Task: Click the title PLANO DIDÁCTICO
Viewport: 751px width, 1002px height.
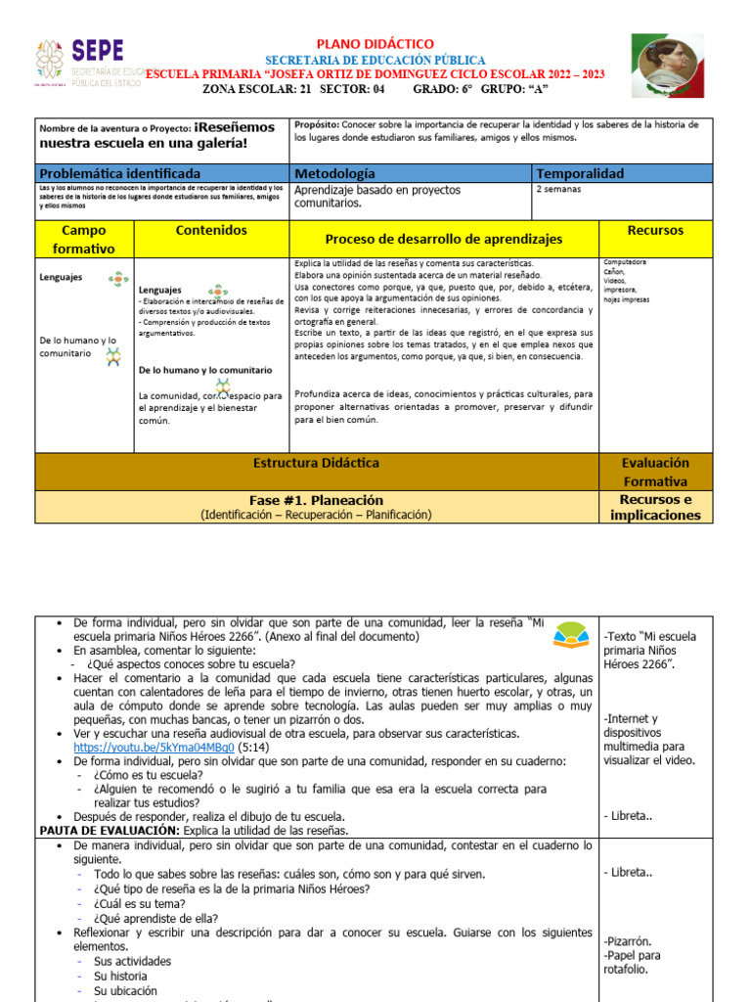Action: click(x=375, y=44)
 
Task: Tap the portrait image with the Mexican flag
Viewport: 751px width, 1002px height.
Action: click(x=666, y=66)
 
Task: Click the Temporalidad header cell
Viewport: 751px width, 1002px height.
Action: click(x=580, y=173)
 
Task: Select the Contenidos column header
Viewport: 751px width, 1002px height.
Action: click(x=211, y=231)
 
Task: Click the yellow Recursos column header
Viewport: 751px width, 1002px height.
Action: click(x=655, y=231)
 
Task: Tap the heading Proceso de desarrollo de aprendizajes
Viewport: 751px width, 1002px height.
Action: click(x=443, y=240)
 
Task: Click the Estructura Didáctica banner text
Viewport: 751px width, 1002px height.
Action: click(x=316, y=463)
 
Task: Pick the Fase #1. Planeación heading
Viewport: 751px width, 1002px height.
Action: click(x=315, y=499)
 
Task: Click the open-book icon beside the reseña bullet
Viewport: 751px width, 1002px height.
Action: click(x=571, y=637)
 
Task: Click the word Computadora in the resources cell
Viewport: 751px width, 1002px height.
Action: click(x=625, y=262)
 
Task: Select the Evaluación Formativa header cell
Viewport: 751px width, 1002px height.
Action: click(x=655, y=472)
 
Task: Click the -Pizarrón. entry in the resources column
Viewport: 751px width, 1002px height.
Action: click(x=629, y=940)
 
